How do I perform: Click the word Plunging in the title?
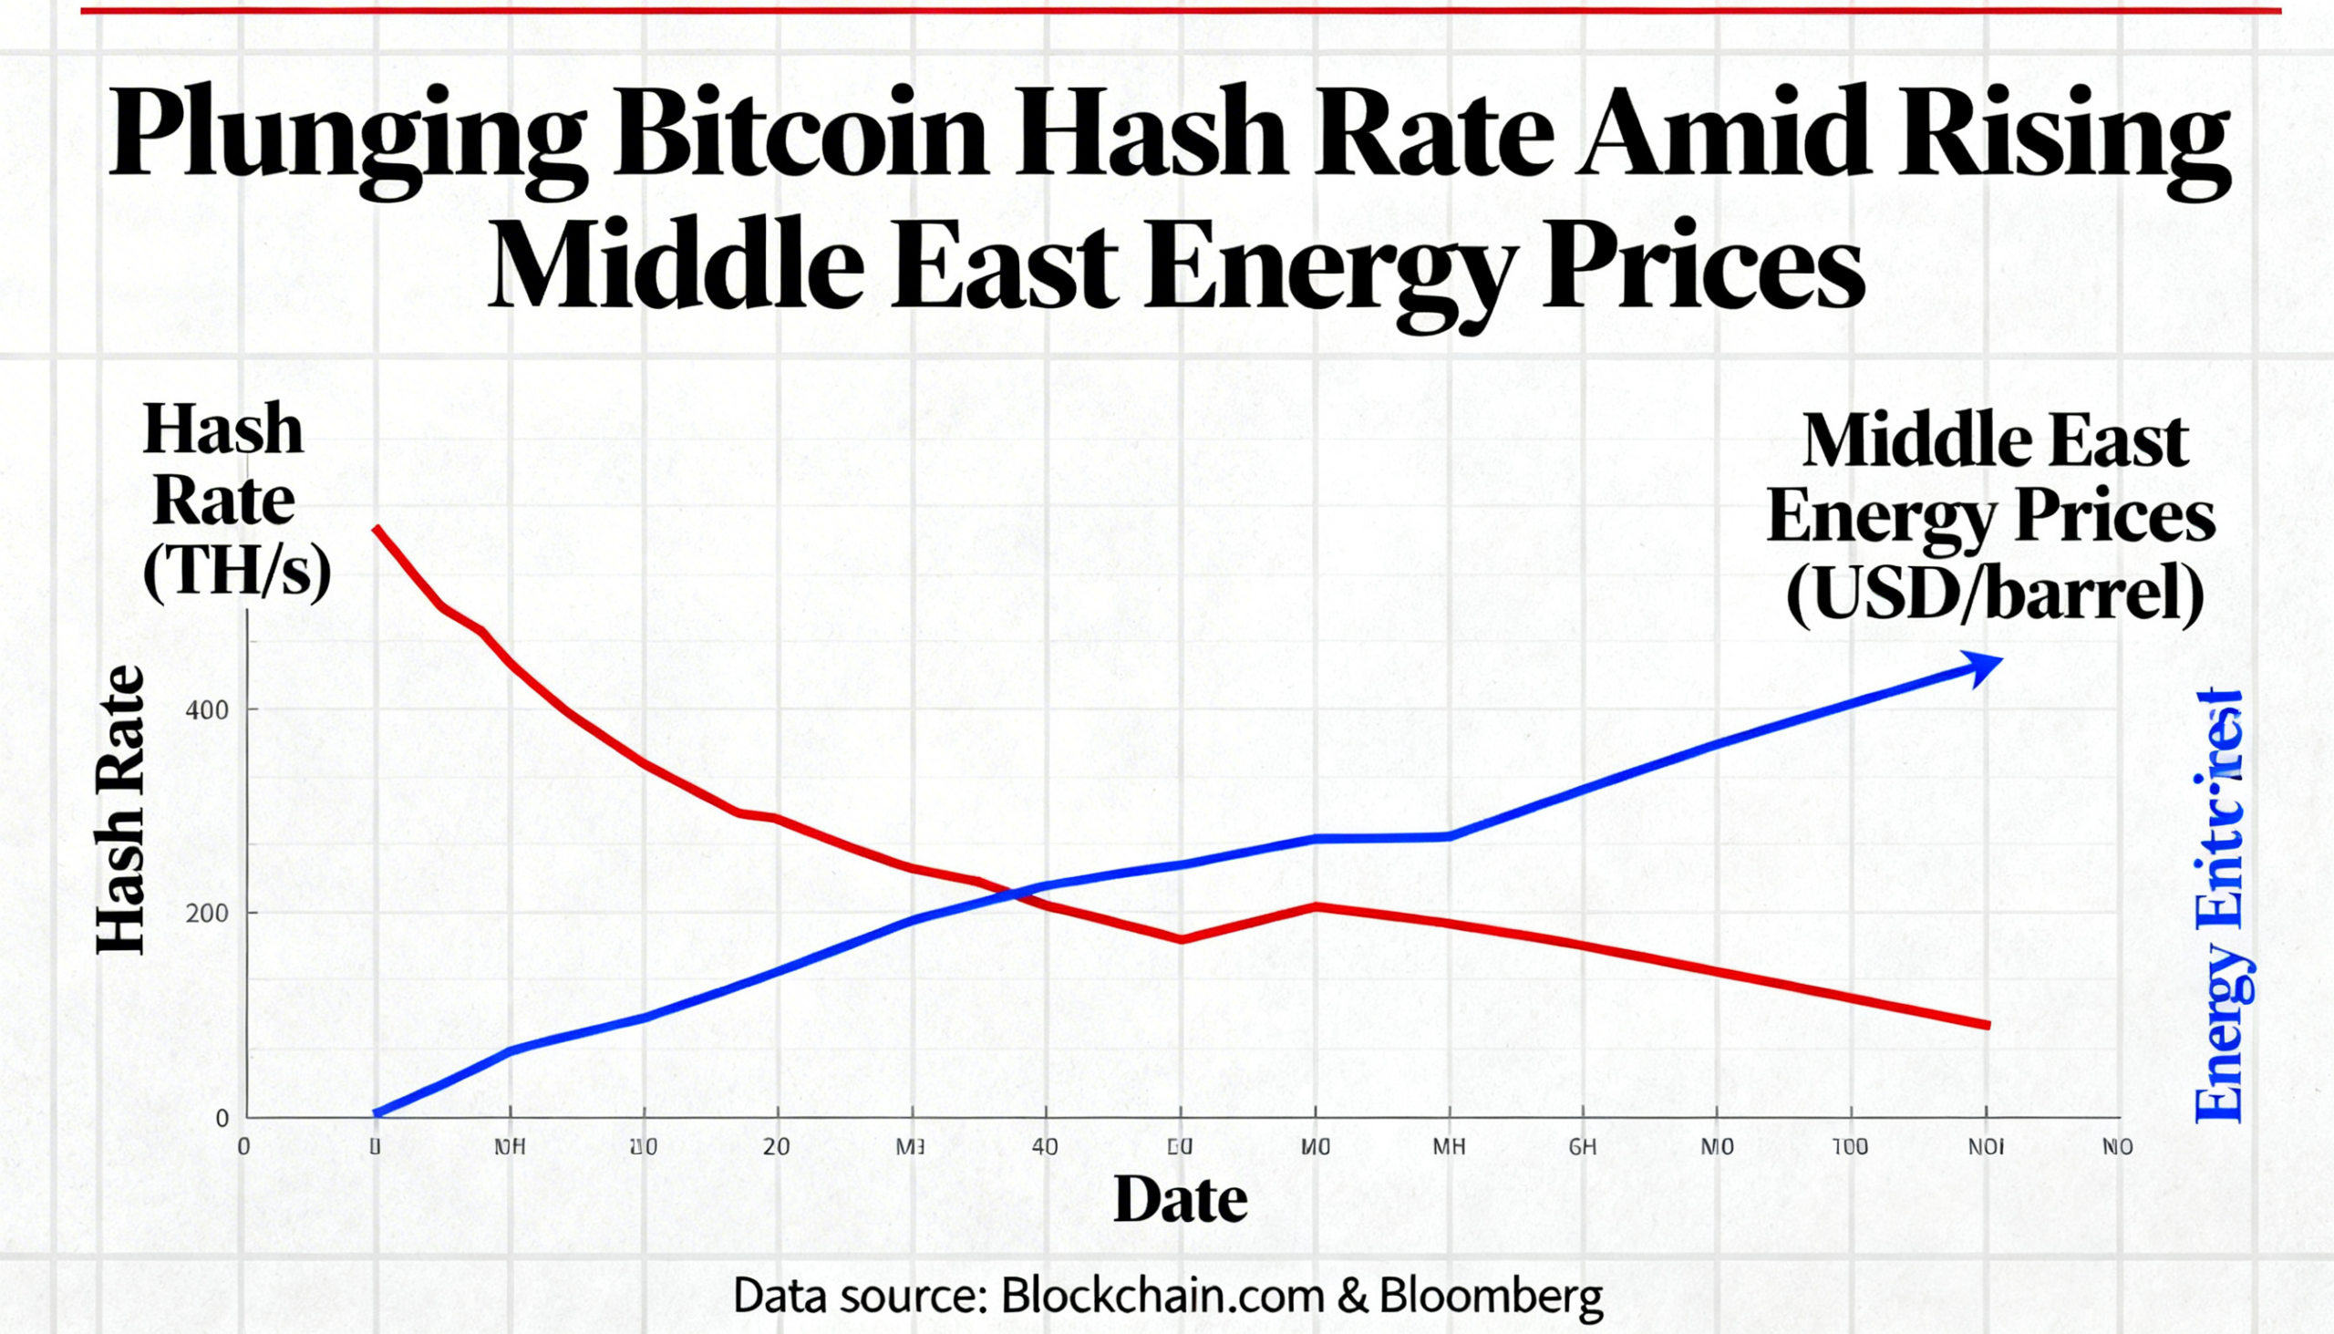click(347, 137)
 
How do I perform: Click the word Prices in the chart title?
click(1703, 265)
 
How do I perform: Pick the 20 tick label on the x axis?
click(776, 1147)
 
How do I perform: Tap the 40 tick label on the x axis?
click(1044, 1147)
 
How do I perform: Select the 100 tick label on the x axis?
click(1850, 1147)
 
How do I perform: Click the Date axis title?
click(1180, 1199)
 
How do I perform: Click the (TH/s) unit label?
click(236, 575)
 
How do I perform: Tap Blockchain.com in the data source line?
click(1162, 1296)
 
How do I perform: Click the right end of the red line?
click(1988, 1025)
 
